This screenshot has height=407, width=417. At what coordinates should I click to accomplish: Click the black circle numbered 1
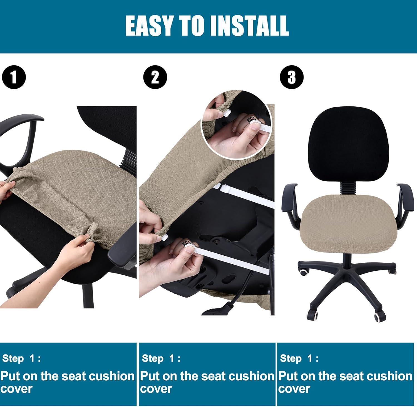14,77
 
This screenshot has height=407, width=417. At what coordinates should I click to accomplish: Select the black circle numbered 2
155,77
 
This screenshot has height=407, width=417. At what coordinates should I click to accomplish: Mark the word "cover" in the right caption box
294,389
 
